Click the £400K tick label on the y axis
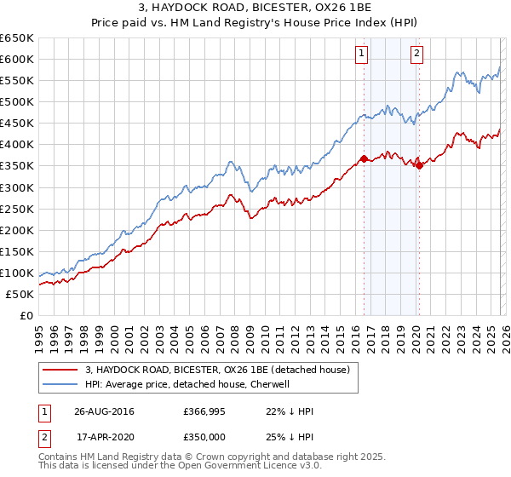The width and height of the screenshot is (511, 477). [x=17, y=145]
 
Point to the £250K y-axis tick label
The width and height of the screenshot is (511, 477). [x=17, y=209]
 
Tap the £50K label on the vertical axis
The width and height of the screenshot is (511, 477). [x=20, y=294]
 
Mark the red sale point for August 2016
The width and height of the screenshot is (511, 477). [x=364, y=158]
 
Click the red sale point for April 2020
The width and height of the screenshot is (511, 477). [x=419, y=166]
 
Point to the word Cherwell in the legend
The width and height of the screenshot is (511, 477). [x=269, y=384]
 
